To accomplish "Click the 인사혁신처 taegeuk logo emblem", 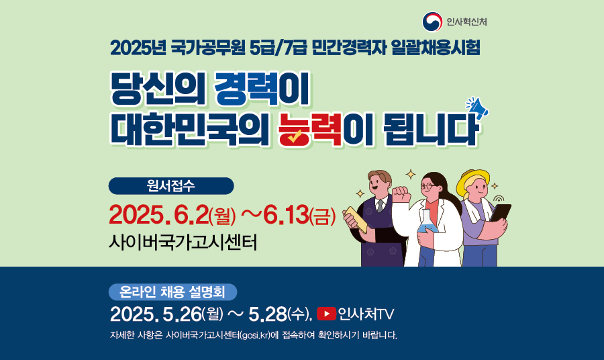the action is pyautogui.click(x=432, y=21).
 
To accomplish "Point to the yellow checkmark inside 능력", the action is pyautogui.click(x=295, y=136).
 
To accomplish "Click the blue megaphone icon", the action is pyautogui.click(x=478, y=107).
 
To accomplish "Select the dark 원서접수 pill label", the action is pyautogui.click(x=171, y=186).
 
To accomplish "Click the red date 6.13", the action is pyautogui.click(x=286, y=215).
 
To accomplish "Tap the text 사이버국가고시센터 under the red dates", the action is pyautogui.click(x=183, y=242).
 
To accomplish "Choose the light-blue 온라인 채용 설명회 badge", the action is pyautogui.click(x=172, y=291).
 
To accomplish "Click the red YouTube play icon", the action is pyautogui.click(x=326, y=314).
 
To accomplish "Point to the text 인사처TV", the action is pyautogui.click(x=366, y=314).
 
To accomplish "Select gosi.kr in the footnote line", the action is pyautogui.click(x=254, y=335).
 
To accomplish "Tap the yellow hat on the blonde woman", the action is pyautogui.click(x=472, y=181).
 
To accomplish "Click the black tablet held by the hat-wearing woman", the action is pyautogui.click(x=500, y=214).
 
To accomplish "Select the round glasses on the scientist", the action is pyautogui.click(x=428, y=186).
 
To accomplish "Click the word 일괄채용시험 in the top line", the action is pyautogui.click(x=436, y=48).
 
